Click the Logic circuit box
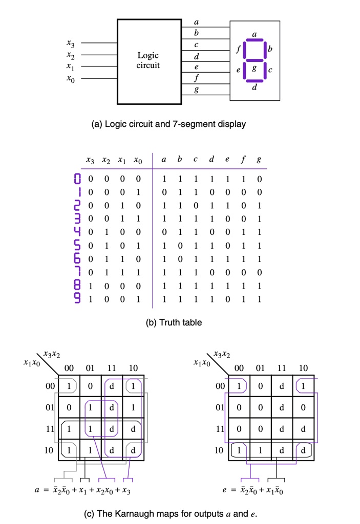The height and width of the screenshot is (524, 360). point(149,61)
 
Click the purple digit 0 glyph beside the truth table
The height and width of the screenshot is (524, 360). point(78,180)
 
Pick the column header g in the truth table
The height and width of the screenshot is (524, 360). point(259,161)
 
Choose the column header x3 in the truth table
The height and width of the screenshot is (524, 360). point(90,161)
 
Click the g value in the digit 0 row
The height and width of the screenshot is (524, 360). point(259,180)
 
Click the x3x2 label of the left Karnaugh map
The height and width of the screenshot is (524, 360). point(52,354)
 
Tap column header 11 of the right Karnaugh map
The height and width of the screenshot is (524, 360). point(280,368)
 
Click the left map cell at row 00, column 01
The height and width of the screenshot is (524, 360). point(90,385)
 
